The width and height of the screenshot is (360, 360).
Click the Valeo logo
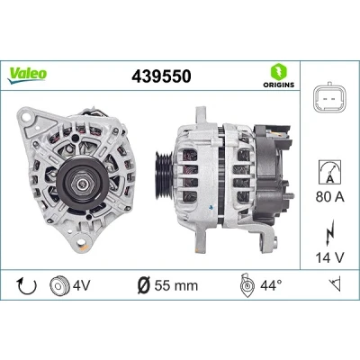coord(27,75)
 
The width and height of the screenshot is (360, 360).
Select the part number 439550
coord(161,76)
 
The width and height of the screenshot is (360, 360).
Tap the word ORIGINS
coord(279,85)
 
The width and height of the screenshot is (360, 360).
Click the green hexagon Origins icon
coord(279,71)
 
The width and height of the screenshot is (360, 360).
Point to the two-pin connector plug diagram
coord(329,99)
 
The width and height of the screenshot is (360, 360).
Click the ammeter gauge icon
coord(329,172)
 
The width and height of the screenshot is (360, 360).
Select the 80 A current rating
coord(330,197)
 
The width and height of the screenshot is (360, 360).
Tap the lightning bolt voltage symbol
coord(329,232)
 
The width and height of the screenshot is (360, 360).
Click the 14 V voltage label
coord(329,257)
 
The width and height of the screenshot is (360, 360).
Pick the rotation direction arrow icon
coord(27,285)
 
